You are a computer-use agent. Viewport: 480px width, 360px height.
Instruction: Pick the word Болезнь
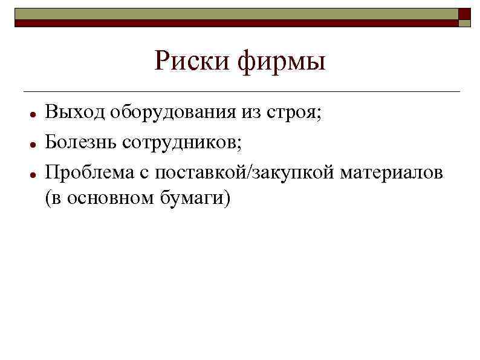(x=81, y=142)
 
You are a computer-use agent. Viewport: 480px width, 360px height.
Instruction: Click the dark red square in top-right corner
(x=464, y=13)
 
